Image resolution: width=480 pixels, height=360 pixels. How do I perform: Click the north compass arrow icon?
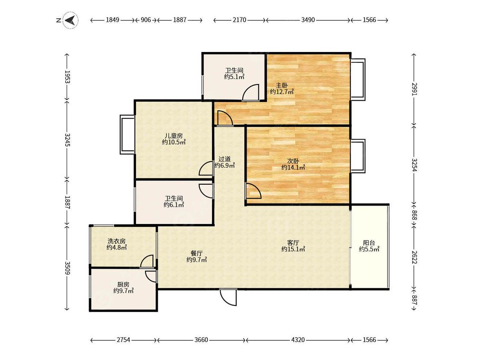tap(70, 20)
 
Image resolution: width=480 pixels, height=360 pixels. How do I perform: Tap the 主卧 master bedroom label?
tap(282, 85)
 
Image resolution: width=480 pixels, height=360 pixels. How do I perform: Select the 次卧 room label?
tap(293, 161)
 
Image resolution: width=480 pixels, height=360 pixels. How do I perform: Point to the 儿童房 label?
tap(174, 136)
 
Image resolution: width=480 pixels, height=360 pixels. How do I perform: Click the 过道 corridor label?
tap(224, 159)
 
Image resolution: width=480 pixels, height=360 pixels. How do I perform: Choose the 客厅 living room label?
tap(293, 243)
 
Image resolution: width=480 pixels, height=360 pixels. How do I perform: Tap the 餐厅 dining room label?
tap(197, 253)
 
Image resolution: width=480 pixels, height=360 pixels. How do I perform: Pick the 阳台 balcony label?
tap(369, 243)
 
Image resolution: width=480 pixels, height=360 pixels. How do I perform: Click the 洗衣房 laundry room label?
tap(116, 241)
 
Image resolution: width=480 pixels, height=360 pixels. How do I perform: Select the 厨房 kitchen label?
tap(123, 285)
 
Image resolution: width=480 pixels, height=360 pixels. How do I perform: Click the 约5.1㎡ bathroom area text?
tap(234, 76)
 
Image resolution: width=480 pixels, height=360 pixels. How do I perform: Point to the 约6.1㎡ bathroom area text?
tap(174, 205)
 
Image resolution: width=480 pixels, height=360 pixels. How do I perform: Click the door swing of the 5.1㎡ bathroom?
tap(251, 92)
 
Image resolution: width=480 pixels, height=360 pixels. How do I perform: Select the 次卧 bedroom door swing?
tap(253, 191)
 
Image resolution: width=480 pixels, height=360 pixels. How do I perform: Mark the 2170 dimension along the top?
tap(239, 20)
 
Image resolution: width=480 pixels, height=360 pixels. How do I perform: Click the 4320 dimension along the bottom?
tap(298, 340)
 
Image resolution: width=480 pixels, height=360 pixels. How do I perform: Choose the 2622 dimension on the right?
tap(414, 257)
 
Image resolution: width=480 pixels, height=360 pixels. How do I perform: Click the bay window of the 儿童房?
tap(127, 134)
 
